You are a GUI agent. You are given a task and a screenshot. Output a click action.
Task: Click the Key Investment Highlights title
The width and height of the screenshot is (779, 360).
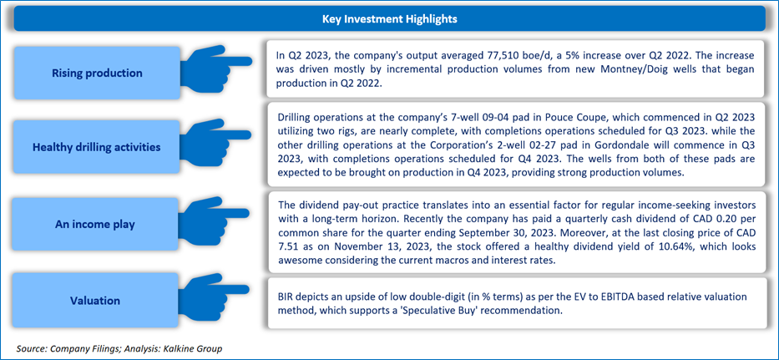pos(389,19)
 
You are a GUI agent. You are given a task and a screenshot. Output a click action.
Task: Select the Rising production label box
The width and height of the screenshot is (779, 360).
pos(97,74)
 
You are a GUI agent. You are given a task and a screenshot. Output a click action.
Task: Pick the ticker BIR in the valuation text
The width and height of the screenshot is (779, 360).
pos(286,297)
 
